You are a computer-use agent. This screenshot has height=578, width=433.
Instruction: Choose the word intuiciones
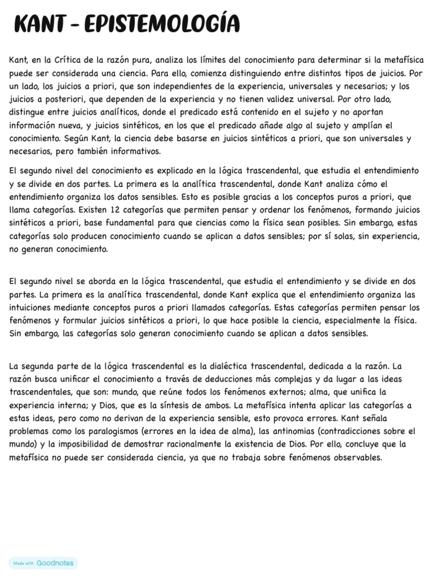(x=33, y=308)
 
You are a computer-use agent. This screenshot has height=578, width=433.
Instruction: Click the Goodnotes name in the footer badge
(x=55, y=563)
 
